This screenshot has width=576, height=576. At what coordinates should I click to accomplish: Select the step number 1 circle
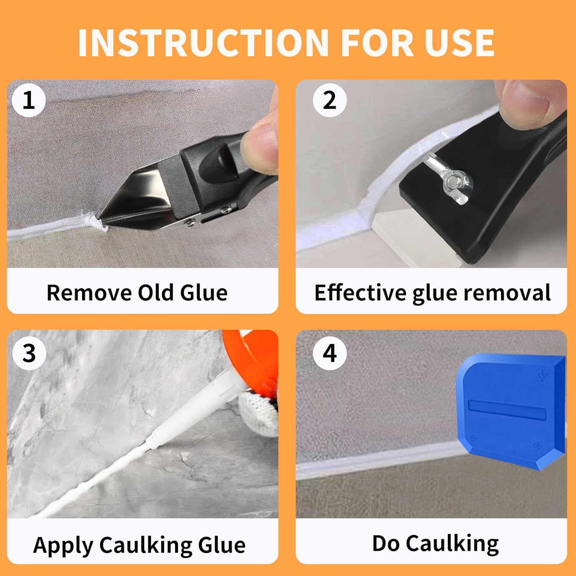click(29, 101)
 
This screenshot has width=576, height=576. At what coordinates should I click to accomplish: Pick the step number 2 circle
click(329, 101)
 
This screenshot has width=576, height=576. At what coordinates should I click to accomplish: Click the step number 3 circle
click(29, 353)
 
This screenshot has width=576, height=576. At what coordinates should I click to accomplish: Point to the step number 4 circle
click(330, 353)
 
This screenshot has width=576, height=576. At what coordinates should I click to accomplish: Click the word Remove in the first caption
click(89, 293)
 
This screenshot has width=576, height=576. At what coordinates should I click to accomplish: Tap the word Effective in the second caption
click(360, 293)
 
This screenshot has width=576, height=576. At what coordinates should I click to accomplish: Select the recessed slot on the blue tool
click(507, 409)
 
